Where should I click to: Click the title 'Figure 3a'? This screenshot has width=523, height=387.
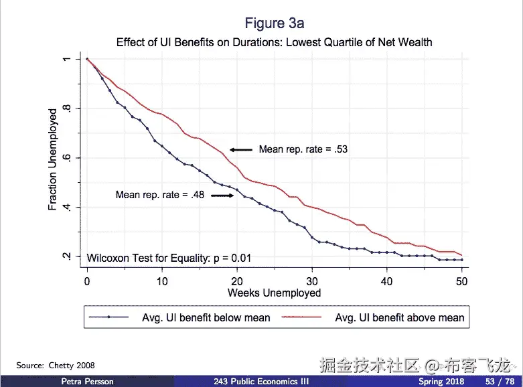pos(274,23)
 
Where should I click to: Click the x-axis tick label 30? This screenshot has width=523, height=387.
pos(312,281)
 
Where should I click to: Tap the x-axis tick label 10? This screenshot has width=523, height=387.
pos(162,281)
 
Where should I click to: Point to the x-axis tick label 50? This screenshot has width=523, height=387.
pos(461,281)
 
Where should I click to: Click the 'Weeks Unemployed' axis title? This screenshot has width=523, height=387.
pos(274,293)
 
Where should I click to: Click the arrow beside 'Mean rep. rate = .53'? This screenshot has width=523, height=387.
pos(240,149)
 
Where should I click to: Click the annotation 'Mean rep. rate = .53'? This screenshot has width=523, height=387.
pos(303,149)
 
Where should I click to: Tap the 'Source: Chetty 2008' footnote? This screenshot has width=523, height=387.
pos(56,366)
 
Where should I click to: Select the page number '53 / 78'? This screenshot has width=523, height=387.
pos(500,381)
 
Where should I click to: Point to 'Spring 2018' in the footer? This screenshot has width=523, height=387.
pos(441,381)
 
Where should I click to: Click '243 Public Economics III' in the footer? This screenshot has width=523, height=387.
pos(261,381)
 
